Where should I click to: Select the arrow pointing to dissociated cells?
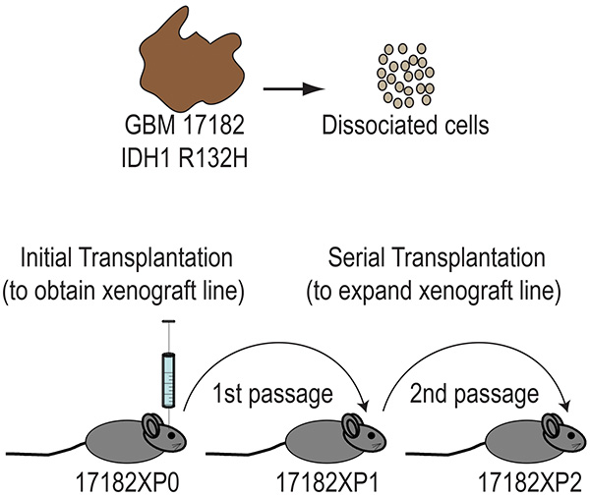tap(293, 89)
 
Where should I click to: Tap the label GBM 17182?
tap(185, 125)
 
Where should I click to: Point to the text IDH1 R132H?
tap(185, 158)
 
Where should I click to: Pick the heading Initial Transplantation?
tap(127, 257)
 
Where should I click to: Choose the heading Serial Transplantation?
tap(437, 257)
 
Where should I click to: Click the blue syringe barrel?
tap(168, 380)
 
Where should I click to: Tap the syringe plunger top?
tap(168, 321)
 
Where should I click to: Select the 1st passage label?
tap(272, 395)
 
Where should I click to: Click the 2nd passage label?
tap(474, 395)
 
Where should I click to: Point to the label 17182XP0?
tap(128, 482)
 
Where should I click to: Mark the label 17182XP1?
tap(327, 482)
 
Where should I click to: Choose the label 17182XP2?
tap(530, 482)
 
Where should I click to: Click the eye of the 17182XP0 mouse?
tap(171, 435)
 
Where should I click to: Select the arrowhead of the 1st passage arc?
tap(364, 407)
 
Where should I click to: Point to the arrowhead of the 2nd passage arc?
tap(565, 407)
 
